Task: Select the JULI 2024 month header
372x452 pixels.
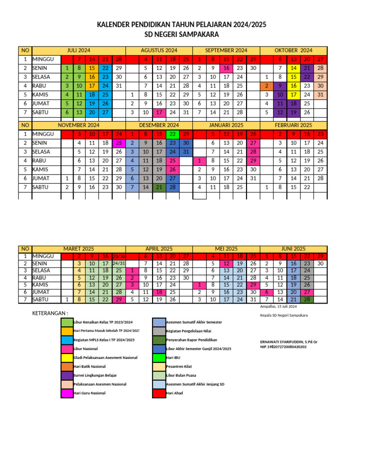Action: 78,50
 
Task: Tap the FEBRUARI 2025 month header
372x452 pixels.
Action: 293,125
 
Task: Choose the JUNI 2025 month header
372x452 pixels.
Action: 293,248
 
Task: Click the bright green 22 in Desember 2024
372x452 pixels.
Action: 173,134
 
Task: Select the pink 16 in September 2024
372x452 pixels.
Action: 226,68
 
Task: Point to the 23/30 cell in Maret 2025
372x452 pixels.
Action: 119,257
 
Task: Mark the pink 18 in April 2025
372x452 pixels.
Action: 159,292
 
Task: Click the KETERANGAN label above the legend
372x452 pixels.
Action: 50,313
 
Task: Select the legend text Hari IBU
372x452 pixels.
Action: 173,357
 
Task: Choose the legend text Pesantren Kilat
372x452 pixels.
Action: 179,366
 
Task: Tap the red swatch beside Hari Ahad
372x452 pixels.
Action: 159,393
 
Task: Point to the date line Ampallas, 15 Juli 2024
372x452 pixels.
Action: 279,307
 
